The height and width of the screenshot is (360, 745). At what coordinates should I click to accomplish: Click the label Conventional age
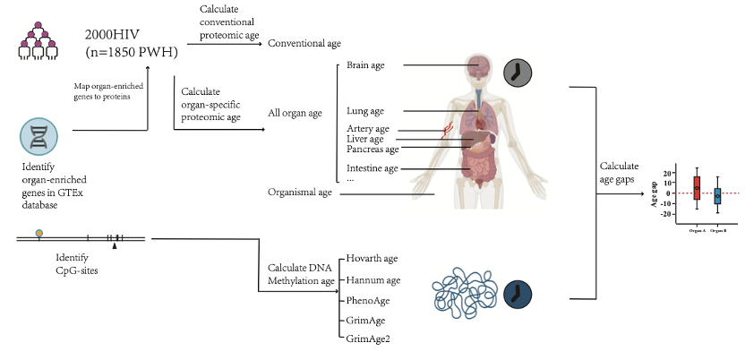(304, 43)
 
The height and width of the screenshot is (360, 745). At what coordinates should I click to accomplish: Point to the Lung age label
(365, 111)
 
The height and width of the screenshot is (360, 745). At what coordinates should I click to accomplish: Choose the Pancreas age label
(372, 149)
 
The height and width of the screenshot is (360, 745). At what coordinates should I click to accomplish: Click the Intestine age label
(372, 167)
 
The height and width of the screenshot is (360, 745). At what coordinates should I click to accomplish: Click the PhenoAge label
(366, 299)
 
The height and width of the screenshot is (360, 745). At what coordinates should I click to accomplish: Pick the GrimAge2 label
(369, 339)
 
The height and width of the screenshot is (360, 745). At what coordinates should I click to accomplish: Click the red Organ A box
(696, 188)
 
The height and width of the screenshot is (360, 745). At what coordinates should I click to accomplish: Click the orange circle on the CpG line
(39, 234)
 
